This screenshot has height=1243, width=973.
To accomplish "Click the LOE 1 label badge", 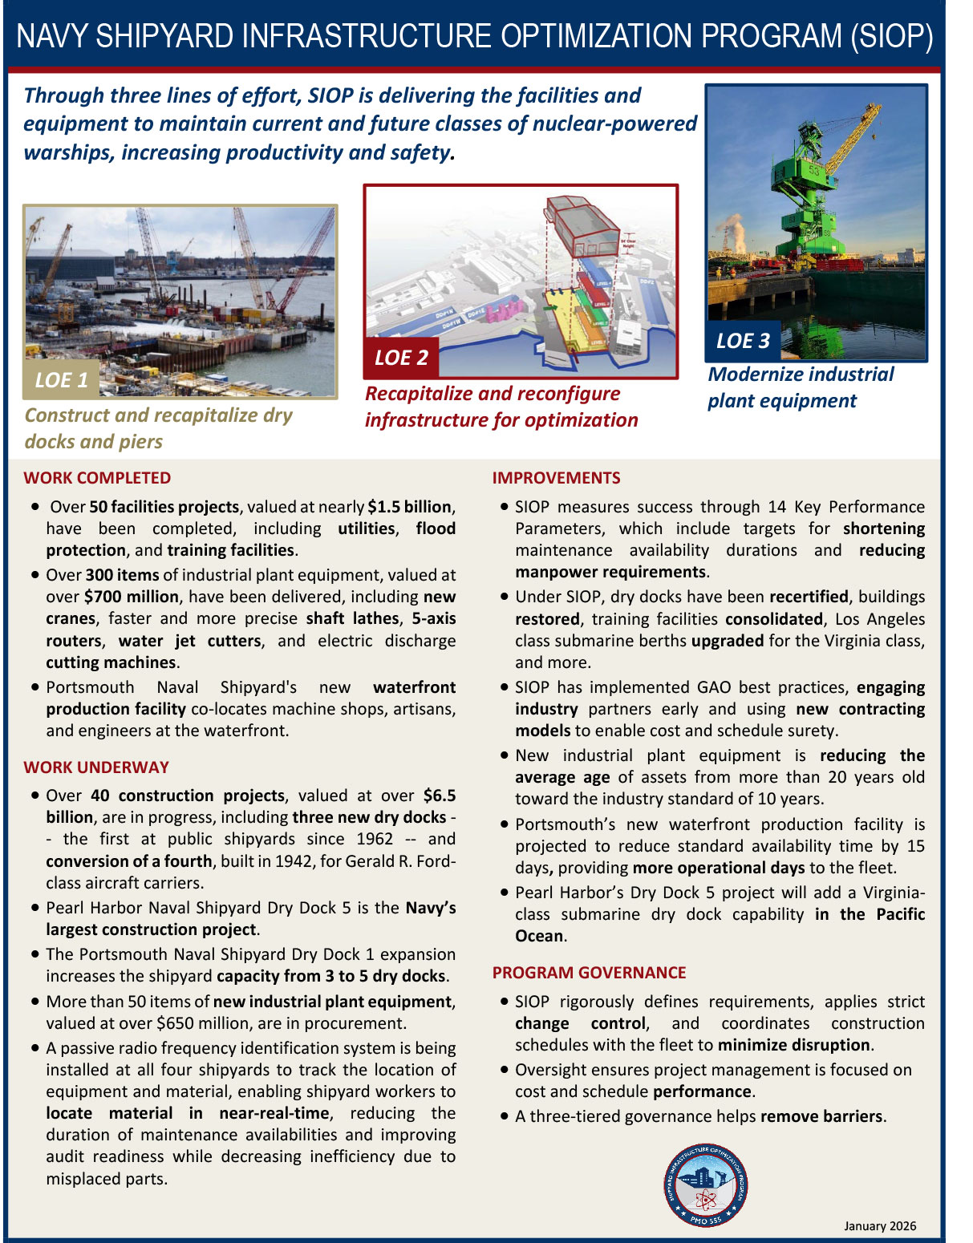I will [62, 379].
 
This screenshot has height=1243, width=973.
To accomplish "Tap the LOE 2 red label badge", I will [401, 358].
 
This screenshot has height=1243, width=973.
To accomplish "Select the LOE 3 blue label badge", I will [743, 341].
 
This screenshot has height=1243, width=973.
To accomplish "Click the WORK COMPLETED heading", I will [97, 478].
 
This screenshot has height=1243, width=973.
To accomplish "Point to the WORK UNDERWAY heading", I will [96, 767].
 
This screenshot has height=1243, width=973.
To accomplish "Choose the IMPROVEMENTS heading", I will [556, 478].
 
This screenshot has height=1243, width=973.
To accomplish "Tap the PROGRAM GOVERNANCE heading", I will [589, 973].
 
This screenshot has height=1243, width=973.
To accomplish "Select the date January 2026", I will [880, 1226].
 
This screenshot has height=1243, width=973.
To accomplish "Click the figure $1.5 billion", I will [409, 507].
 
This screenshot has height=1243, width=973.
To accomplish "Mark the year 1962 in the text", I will [375, 839].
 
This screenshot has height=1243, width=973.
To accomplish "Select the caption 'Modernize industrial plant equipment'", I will [800, 387].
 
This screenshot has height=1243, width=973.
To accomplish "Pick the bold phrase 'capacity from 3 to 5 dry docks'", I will [330, 976].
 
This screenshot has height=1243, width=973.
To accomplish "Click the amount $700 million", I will [131, 597].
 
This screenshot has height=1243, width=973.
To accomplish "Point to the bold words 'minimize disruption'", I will [793, 1045].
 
